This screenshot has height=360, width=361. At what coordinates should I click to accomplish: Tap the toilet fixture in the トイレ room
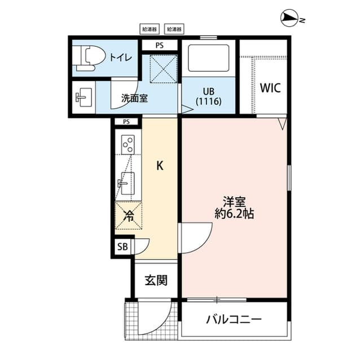tap(89, 58)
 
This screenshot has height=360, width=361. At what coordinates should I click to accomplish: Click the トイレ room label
tap(121, 57)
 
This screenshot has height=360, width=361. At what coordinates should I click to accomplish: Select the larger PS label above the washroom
tap(160, 45)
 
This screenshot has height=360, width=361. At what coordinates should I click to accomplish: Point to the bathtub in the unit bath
tap(209, 58)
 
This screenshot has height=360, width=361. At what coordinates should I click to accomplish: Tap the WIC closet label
tap(270, 87)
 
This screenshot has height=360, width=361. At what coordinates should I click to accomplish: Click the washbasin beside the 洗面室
tap(84, 97)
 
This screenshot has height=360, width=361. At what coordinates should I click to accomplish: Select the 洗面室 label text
tap(134, 99)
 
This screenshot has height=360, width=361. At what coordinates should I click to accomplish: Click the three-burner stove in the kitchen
tap(128, 145)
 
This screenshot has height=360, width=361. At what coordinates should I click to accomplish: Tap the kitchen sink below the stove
tap(126, 183)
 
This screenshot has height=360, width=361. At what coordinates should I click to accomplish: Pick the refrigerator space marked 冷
tap(129, 215)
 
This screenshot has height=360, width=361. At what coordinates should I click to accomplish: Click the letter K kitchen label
tap(160, 166)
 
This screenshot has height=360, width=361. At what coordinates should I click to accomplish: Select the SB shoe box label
tap(122, 247)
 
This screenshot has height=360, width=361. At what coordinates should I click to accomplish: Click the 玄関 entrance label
tap(156, 280)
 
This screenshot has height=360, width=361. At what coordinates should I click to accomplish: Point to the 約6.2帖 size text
tap(235, 214)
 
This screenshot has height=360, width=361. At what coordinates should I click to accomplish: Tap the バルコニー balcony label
tap(234, 319)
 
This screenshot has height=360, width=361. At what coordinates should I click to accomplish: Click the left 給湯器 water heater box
tap(149, 29)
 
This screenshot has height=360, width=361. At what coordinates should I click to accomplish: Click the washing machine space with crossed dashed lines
tap(163, 69)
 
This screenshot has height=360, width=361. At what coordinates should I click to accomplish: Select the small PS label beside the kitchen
tap(126, 122)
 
